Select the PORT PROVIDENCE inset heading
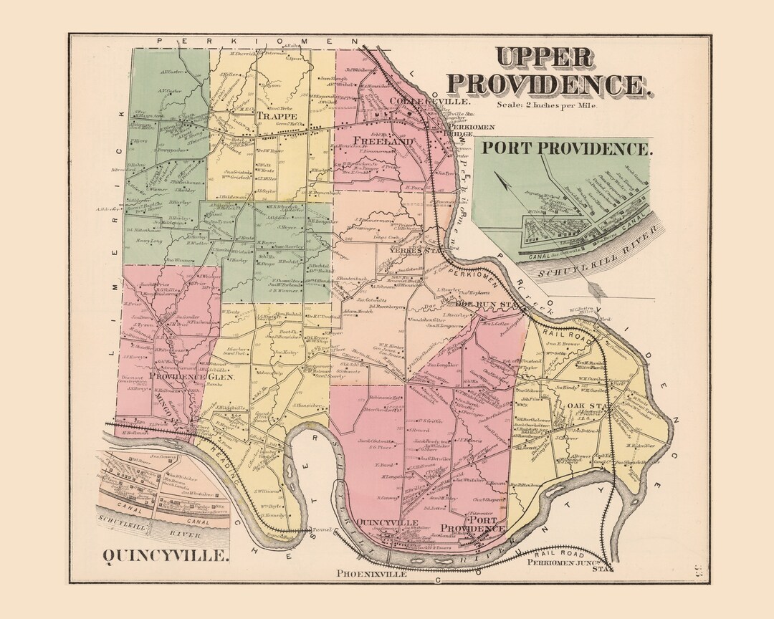[566, 149]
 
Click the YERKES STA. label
[411, 251]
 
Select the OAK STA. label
[583, 407]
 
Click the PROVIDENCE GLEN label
[180, 377]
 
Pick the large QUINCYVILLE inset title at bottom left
[166, 555]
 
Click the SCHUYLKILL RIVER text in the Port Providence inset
[588, 264]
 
